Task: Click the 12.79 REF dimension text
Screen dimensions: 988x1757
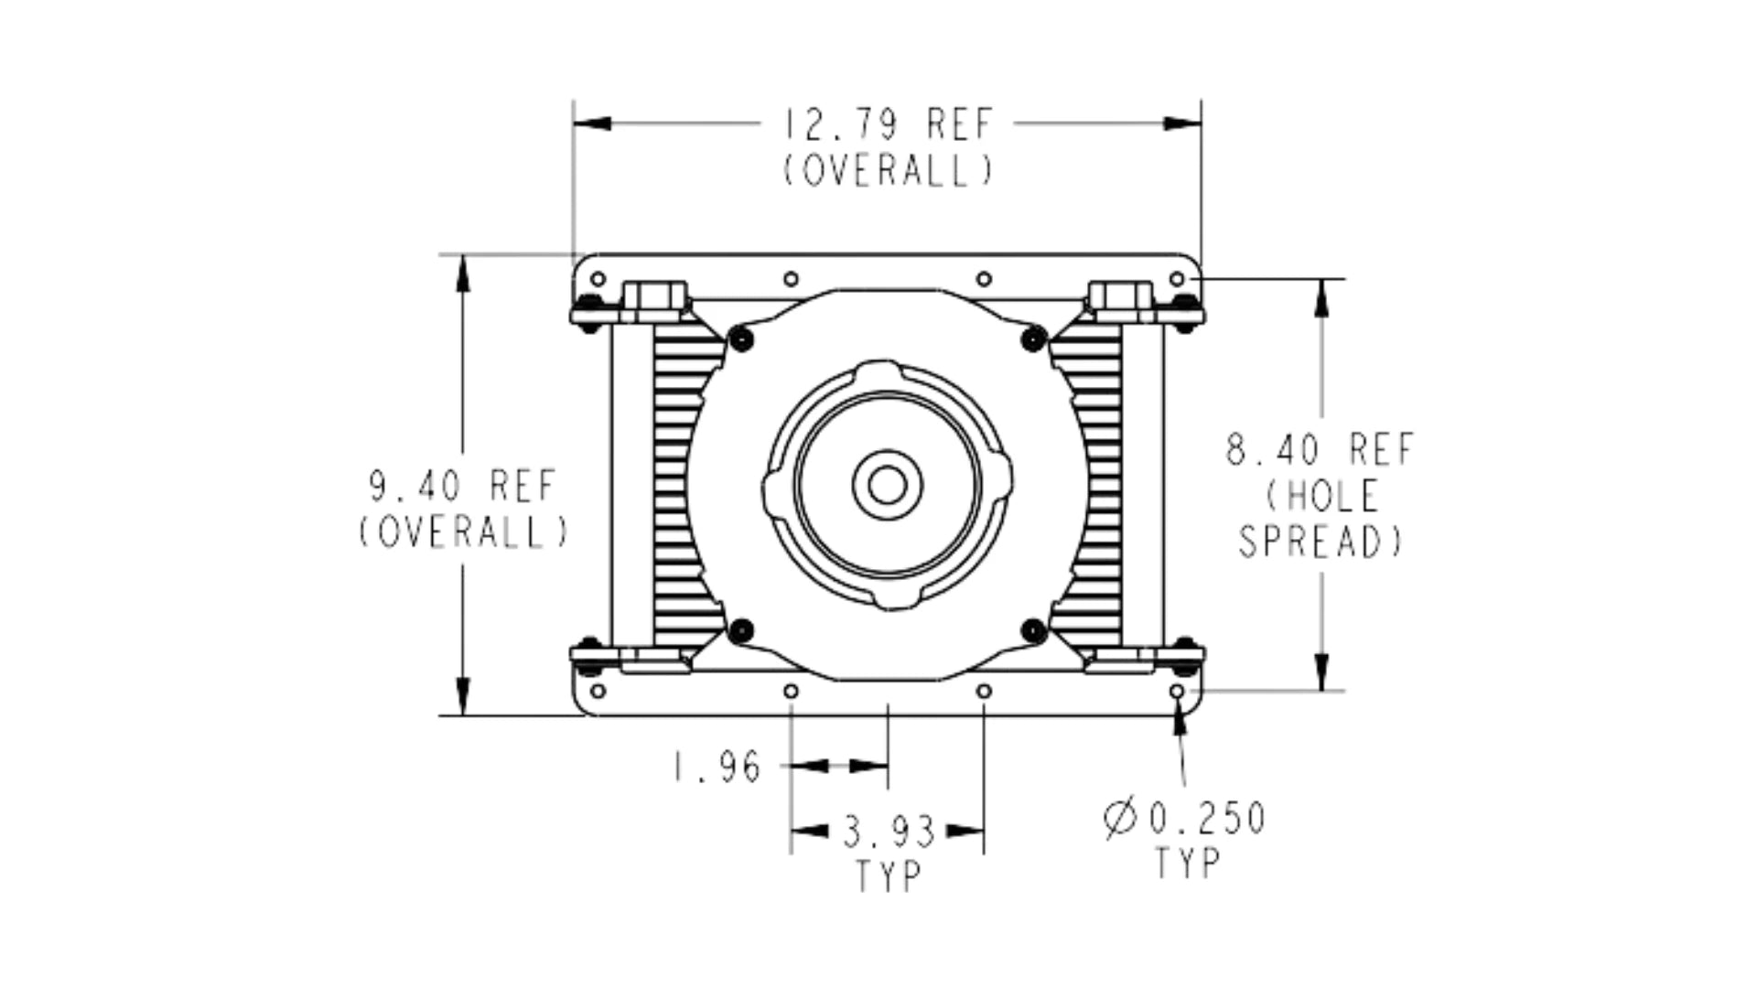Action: click(x=887, y=124)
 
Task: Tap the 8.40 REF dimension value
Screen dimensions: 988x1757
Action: click(x=1320, y=450)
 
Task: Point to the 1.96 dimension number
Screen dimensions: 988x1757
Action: click(x=717, y=767)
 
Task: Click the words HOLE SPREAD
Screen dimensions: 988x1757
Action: click(x=1320, y=520)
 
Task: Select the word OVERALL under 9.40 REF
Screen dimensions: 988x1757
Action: click(x=462, y=533)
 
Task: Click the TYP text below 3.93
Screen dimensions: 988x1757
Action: click(x=888, y=876)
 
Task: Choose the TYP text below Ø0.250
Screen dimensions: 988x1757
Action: click(x=1187, y=863)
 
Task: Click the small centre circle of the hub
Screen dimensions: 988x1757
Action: click(x=887, y=485)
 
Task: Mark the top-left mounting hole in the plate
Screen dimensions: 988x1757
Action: click(x=598, y=278)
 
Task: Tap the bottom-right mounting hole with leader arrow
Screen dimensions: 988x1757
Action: click(x=1178, y=691)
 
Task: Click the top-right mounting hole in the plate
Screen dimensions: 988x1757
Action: click(x=1178, y=278)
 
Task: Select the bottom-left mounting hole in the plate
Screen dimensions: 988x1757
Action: click(x=598, y=691)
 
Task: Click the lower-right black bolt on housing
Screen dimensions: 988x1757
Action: click(x=1033, y=629)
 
